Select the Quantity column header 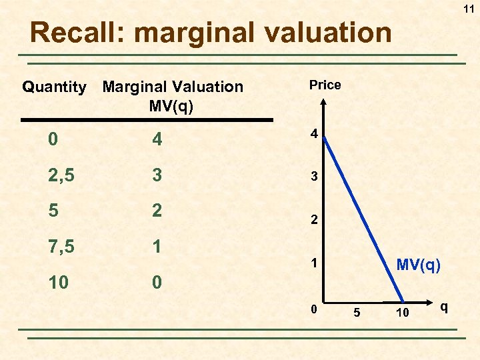54,87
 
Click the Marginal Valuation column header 172,95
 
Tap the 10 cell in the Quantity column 58,283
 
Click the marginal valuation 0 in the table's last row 156,283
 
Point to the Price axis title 325,85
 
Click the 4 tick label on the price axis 313,134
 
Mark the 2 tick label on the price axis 313,219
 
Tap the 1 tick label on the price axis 313,264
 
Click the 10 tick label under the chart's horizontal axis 401,313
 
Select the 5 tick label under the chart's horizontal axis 357,313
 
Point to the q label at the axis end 444,307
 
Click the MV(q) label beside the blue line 418,265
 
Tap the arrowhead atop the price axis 323,103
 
